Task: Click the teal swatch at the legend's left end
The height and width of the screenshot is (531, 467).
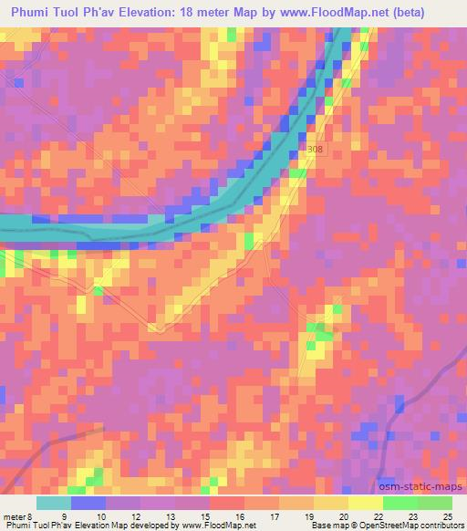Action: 54,503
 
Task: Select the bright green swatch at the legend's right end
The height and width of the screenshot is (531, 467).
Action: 435,503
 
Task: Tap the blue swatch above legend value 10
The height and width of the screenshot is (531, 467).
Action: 88,503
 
